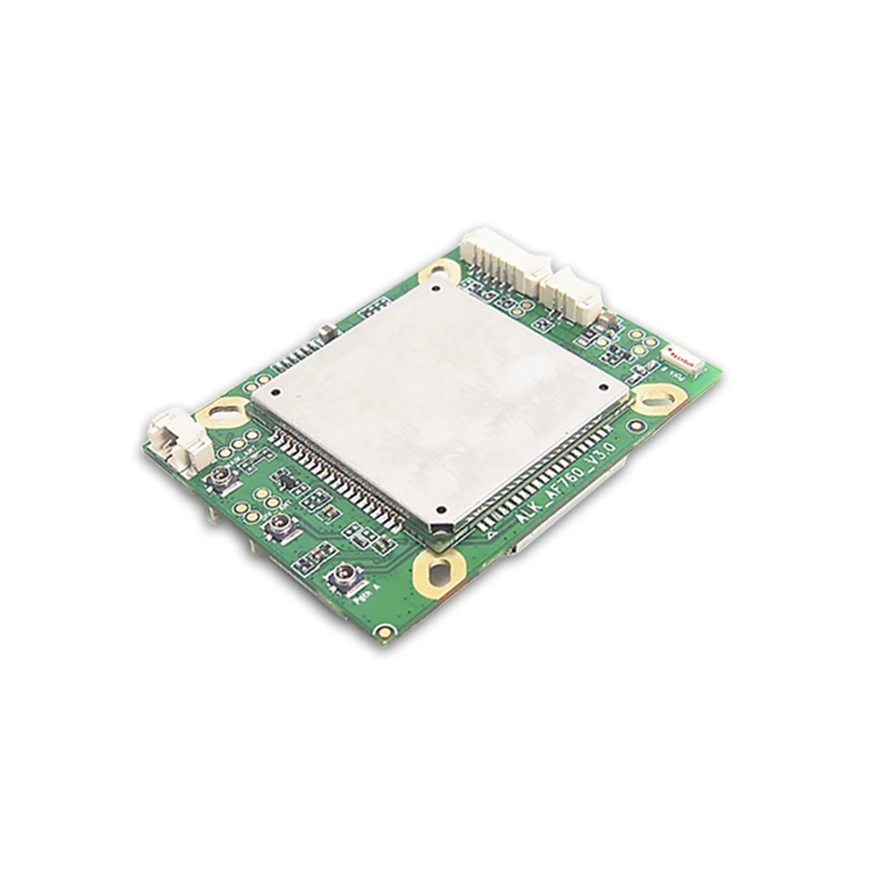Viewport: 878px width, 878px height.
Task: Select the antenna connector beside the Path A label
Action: pos(341,577)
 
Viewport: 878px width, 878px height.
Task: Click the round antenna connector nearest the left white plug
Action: pos(220,479)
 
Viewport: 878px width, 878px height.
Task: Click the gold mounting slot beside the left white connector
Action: pos(224,409)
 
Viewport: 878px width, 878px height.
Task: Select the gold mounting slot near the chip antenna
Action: pos(658,399)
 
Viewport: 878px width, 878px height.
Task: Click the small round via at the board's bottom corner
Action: pos(383,630)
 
